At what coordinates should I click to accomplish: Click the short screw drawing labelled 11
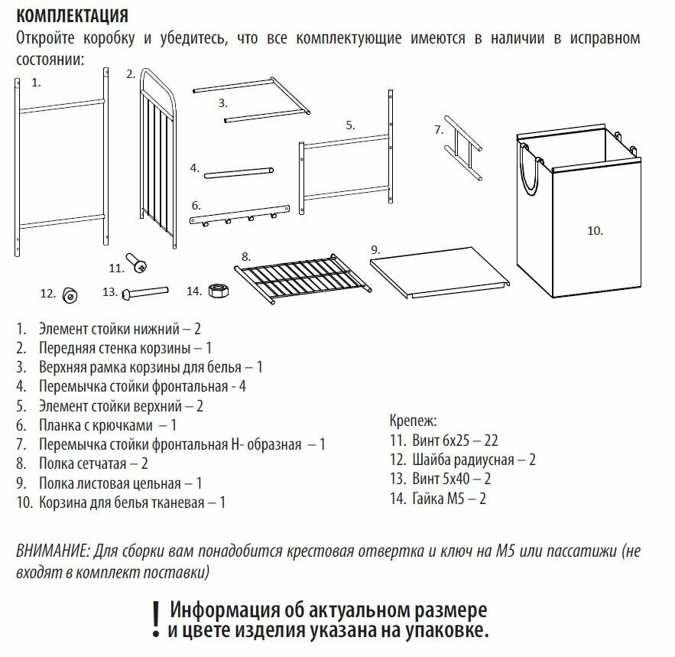(138, 263)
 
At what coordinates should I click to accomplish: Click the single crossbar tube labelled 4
(238, 171)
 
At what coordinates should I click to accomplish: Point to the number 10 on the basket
(595, 229)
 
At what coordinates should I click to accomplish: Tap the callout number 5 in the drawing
(350, 125)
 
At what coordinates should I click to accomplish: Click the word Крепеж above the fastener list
(413, 421)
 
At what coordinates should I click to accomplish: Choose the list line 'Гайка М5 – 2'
(437, 499)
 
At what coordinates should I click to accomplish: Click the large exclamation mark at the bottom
(155, 620)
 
